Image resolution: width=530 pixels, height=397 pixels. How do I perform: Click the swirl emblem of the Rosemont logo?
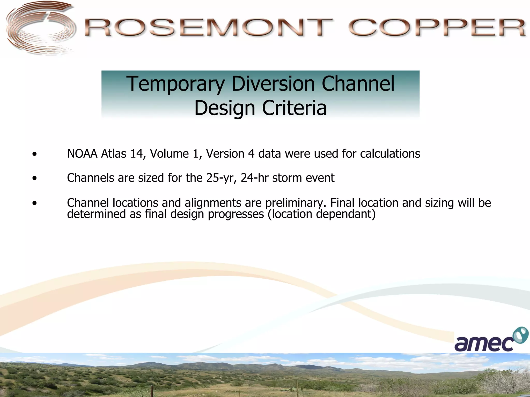[x=39, y=28]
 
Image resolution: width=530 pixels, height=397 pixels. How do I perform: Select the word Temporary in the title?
[x=175, y=84]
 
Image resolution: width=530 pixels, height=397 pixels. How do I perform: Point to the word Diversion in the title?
[x=273, y=84]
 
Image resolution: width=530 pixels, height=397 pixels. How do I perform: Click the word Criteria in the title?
[x=294, y=108]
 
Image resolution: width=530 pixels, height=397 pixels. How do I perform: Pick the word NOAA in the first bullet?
[x=82, y=154]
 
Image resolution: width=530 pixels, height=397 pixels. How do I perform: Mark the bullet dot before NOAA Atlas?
[x=35, y=155]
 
